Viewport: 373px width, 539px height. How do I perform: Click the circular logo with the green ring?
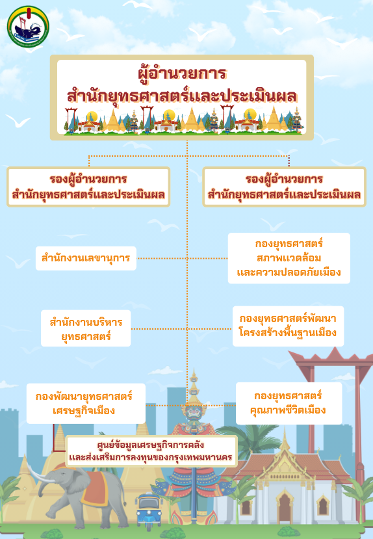click(28, 27)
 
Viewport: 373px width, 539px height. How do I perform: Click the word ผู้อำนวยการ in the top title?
click(182, 73)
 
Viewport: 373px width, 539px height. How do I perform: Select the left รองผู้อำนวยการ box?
click(88, 187)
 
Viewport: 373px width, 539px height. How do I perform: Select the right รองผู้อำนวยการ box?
click(285, 187)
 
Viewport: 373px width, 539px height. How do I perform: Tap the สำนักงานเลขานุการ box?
click(86, 258)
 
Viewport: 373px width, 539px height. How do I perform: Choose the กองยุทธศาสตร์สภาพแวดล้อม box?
click(289, 258)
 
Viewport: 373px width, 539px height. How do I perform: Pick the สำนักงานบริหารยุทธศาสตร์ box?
click(86, 328)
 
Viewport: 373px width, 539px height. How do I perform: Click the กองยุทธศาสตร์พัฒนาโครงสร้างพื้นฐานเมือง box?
click(288, 326)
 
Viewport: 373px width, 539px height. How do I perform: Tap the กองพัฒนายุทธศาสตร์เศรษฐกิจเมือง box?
click(86, 404)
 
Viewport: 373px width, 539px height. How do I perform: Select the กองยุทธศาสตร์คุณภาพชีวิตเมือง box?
click(289, 403)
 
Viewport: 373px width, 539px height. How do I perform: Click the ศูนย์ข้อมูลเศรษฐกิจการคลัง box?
click(151, 451)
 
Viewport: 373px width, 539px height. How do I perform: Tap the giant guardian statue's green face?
click(194, 413)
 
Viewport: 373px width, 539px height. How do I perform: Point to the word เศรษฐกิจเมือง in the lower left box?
click(84, 411)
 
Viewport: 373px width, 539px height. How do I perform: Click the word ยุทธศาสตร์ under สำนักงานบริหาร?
click(86, 336)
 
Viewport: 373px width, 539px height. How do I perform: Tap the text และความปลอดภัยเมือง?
click(289, 272)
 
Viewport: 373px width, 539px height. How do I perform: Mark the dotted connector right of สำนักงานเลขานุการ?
click(182, 258)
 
